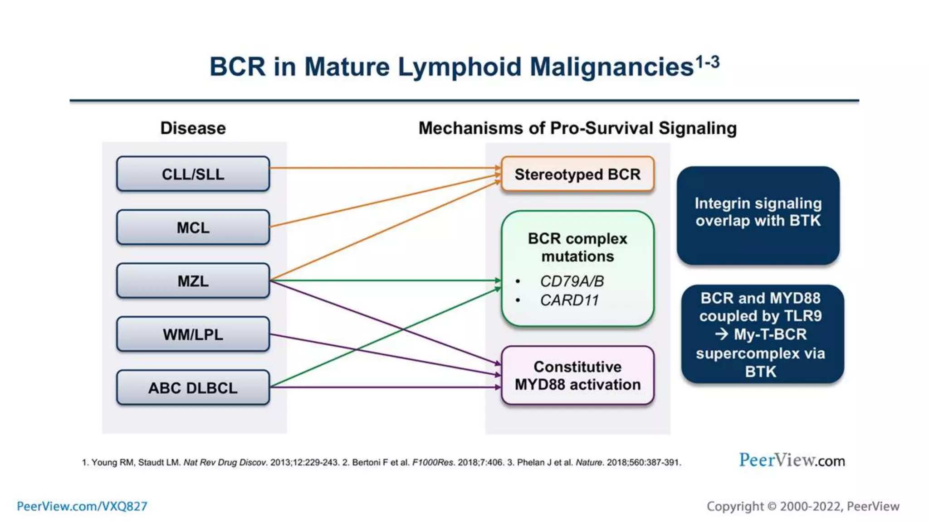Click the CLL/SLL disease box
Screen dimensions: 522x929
pos(193,174)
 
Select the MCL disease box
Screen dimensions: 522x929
pos(193,227)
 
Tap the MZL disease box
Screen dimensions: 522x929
pos(193,281)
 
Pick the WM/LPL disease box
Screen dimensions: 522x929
pos(193,334)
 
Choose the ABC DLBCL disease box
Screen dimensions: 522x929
pos(193,388)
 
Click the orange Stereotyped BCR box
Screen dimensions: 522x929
pos(577,174)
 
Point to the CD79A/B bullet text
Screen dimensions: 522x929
pos(572,281)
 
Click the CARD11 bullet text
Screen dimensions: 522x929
pos(569,300)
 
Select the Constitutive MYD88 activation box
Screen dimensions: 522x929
pos(577,375)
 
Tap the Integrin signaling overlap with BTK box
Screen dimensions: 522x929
pos(758,216)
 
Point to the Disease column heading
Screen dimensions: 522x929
pos(193,128)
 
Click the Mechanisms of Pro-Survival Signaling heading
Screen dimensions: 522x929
pos(577,128)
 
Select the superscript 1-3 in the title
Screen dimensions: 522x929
pos(708,62)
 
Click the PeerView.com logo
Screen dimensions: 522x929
pos(792,460)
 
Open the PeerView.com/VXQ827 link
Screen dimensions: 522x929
pos(82,506)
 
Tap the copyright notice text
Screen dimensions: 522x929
pos(803,506)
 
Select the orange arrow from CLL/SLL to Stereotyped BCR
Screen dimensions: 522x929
pos(386,168)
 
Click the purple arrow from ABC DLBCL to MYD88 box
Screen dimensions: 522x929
pos(386,387)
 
